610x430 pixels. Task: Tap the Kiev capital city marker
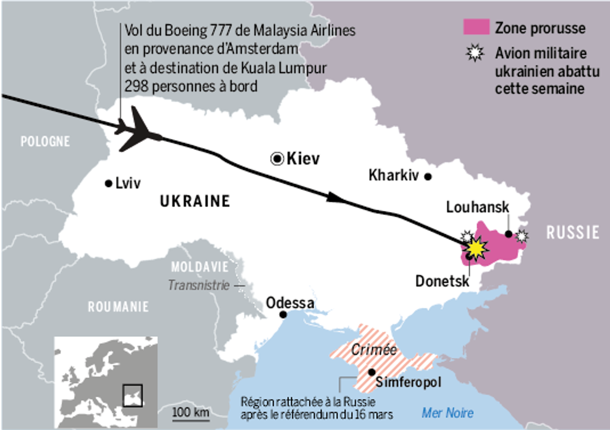[277, 159]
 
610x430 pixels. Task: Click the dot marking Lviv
[108, 183]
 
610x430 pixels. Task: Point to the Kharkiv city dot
[428, 176]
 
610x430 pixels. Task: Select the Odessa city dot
[283, 315]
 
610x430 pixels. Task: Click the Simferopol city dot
[372, 372]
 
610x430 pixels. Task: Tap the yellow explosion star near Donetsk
[476, 248]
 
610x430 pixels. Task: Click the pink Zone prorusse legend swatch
[476, 27]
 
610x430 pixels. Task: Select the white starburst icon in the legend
[475, 53]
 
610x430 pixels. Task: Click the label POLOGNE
[45, 141]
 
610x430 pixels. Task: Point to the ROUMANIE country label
[118, 307]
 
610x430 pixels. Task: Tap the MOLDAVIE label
[199, 267]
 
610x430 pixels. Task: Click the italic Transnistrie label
[198, 285]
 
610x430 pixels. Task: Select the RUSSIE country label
[572, 232]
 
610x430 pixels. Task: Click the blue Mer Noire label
[447, 413]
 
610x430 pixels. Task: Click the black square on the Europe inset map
[132, 395]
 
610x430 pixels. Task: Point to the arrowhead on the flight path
[336, 198]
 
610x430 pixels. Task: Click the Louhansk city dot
[508, 234]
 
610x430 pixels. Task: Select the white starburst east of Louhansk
[522, 236]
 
